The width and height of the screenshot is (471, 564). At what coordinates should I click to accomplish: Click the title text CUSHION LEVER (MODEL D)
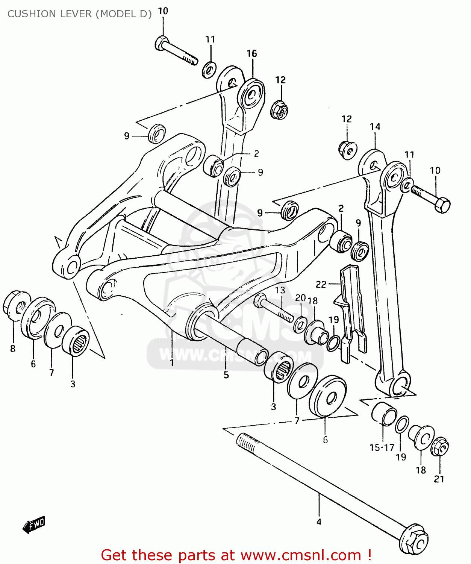pos(79,14)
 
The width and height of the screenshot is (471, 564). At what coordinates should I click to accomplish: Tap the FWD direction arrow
pos(34,524)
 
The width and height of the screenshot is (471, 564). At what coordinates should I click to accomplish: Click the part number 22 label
pos(321,285)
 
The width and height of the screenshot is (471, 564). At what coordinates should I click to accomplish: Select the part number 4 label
pos(319,522)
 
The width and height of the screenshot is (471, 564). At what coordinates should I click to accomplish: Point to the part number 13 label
pos(280,290)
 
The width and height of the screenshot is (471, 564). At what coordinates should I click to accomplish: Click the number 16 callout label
pos(251,54)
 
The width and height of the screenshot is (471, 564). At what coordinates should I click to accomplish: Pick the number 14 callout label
pos(375,127)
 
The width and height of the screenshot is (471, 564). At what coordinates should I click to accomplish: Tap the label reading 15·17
pos(382,447)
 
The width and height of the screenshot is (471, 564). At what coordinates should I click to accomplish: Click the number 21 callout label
pos(439,479)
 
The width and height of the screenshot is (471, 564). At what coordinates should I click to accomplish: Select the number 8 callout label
pos(13,349)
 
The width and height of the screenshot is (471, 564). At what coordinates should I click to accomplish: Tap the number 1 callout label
pos(172,362)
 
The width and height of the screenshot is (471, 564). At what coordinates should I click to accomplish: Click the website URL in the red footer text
pos(301,555)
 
